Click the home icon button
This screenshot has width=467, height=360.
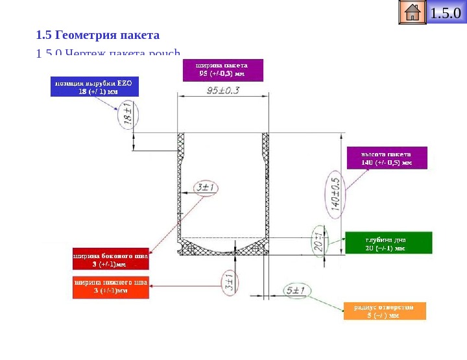(x=413, y=13)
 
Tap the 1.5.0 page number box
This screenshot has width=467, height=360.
(x=447, y=13)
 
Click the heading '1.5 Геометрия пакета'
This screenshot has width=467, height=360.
(x=98, y=34)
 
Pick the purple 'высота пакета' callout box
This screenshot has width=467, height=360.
(x=386, y=158)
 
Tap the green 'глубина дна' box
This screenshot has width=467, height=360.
(x=388, y=243)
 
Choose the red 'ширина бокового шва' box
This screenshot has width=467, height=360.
(x=110, y=260)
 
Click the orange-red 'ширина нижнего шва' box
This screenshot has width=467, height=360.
(x=110, y=287)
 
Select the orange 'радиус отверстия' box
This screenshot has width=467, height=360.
(x=385, y=311)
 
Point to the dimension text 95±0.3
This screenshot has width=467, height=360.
(x=222, y=91)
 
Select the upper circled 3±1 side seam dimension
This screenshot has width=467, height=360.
(x=206, y=189)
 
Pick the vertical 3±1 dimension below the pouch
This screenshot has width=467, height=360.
(x=228, y=283)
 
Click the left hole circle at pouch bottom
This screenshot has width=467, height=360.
(x=189, y=248)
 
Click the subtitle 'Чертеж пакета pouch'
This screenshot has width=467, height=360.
(x=110, y=54)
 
